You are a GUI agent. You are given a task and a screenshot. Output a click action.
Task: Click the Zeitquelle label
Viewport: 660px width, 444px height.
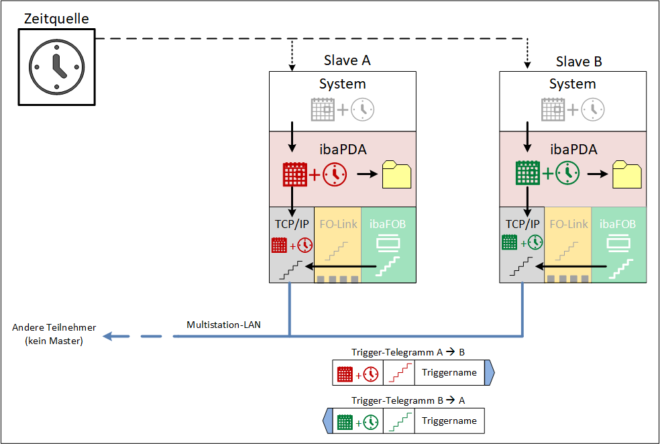tap(56, 18)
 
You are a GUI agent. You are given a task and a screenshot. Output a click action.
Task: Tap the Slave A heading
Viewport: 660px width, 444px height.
tap(347, 61)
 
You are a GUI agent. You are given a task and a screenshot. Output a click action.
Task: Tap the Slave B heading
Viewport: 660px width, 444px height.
tap(579, 62)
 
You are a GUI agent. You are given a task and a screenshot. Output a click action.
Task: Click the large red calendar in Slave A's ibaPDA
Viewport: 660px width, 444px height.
tap(295, 174)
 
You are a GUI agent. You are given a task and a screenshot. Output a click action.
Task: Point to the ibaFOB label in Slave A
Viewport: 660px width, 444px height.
tap(388, 224)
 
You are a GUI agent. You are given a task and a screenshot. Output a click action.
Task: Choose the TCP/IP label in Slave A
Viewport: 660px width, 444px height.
tap(292, 224)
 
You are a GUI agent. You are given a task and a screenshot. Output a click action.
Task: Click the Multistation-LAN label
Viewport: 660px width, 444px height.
tap(223, 325)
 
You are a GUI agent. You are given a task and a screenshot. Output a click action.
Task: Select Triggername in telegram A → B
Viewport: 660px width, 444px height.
tap(449, 373)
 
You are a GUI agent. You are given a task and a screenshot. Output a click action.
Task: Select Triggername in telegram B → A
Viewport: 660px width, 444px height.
tap(449, 421)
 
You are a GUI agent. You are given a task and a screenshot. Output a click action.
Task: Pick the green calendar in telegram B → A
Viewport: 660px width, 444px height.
tap(345, 422)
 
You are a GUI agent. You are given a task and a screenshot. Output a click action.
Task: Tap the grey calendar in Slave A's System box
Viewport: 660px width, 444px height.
tap(323, 109)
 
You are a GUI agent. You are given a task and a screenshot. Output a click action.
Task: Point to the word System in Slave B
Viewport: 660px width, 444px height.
tap(572, 85)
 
